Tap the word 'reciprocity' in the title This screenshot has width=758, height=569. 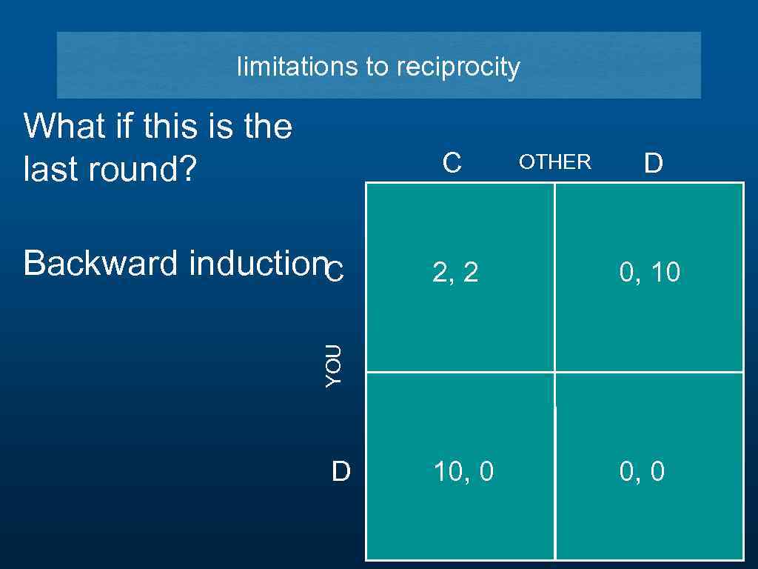click(x=458, y=67)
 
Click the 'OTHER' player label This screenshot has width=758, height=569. click(x=554, y=162)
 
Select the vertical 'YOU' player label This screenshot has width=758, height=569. click(x=334, y=365)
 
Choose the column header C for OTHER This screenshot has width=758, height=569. click(x=452, y=163)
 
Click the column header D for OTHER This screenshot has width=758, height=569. click(x=653, y=163)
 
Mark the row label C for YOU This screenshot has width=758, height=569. click(x=335, y=273)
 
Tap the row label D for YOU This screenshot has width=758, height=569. click(x=341, y=471)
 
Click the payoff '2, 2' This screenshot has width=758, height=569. click(x=455, y=273)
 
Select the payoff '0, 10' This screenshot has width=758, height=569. click(x=649, y=273)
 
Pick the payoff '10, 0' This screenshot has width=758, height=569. click(x=463, y=471)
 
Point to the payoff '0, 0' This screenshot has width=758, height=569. click(x=642, y=471)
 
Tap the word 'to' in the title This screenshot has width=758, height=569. click(x=378, y=67)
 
